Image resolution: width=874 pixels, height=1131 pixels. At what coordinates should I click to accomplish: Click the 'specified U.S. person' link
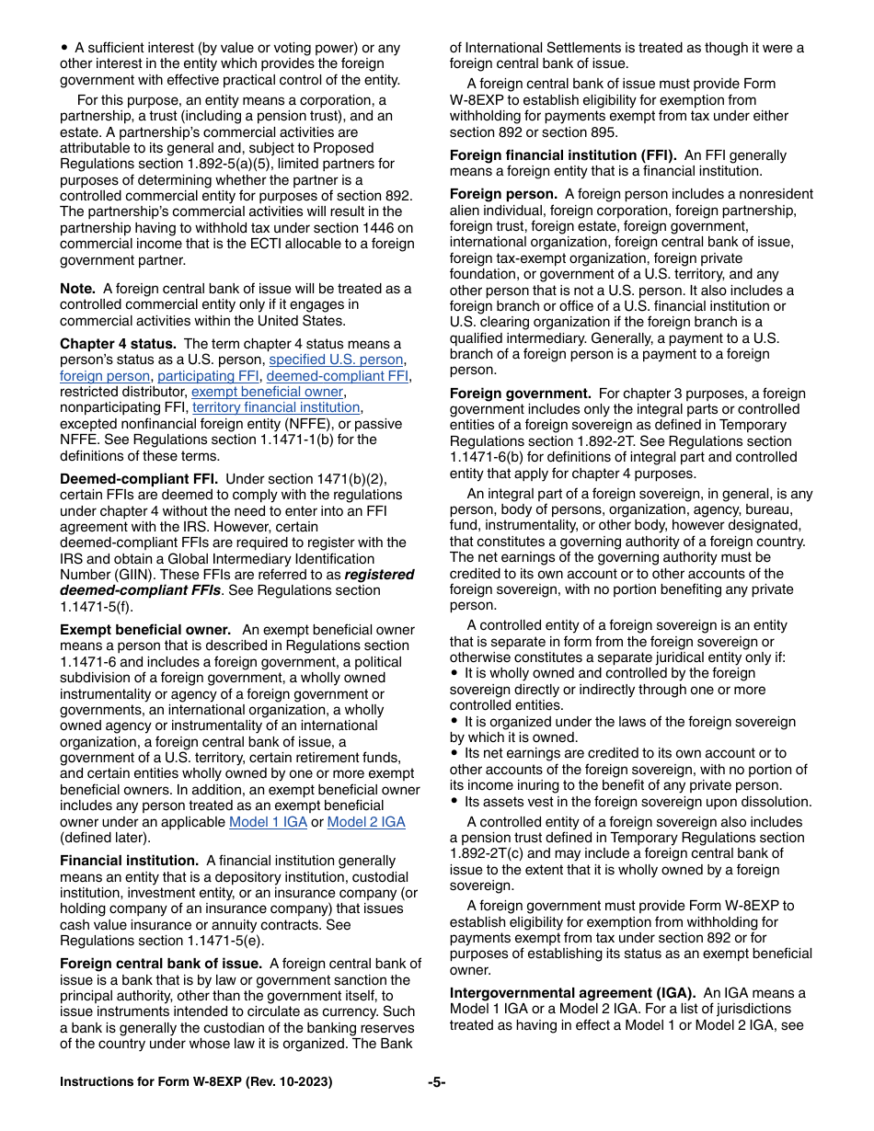[336, 360]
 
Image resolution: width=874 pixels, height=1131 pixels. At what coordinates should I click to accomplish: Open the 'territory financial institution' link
[276, 407]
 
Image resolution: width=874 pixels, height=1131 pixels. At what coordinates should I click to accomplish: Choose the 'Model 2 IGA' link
[366, 822]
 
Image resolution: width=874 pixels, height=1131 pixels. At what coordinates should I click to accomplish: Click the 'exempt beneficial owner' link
[267, 392]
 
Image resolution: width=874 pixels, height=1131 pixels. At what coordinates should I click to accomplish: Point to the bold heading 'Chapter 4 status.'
[118, 344]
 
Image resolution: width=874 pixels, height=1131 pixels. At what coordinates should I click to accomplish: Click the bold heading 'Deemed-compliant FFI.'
[139, 479]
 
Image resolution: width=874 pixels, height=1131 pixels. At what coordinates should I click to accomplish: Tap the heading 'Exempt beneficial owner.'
[145, 630]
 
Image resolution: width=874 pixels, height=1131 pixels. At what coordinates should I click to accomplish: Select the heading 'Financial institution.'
[129, 861]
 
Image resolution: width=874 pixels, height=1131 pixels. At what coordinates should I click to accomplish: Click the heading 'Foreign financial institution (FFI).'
[563, 155]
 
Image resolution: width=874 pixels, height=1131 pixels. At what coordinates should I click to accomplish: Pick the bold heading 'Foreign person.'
[503, 194]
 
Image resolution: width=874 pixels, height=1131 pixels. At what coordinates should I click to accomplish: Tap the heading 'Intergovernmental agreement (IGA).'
[572, 993]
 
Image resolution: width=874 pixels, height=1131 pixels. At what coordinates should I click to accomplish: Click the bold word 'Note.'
[77, 289]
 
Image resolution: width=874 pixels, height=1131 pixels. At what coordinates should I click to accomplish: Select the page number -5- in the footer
[436, 1082]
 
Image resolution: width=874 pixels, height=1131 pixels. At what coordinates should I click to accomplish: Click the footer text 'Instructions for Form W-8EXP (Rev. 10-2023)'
[196, 1082]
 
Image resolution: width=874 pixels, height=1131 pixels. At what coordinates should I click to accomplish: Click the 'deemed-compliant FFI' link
[338, 376]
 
